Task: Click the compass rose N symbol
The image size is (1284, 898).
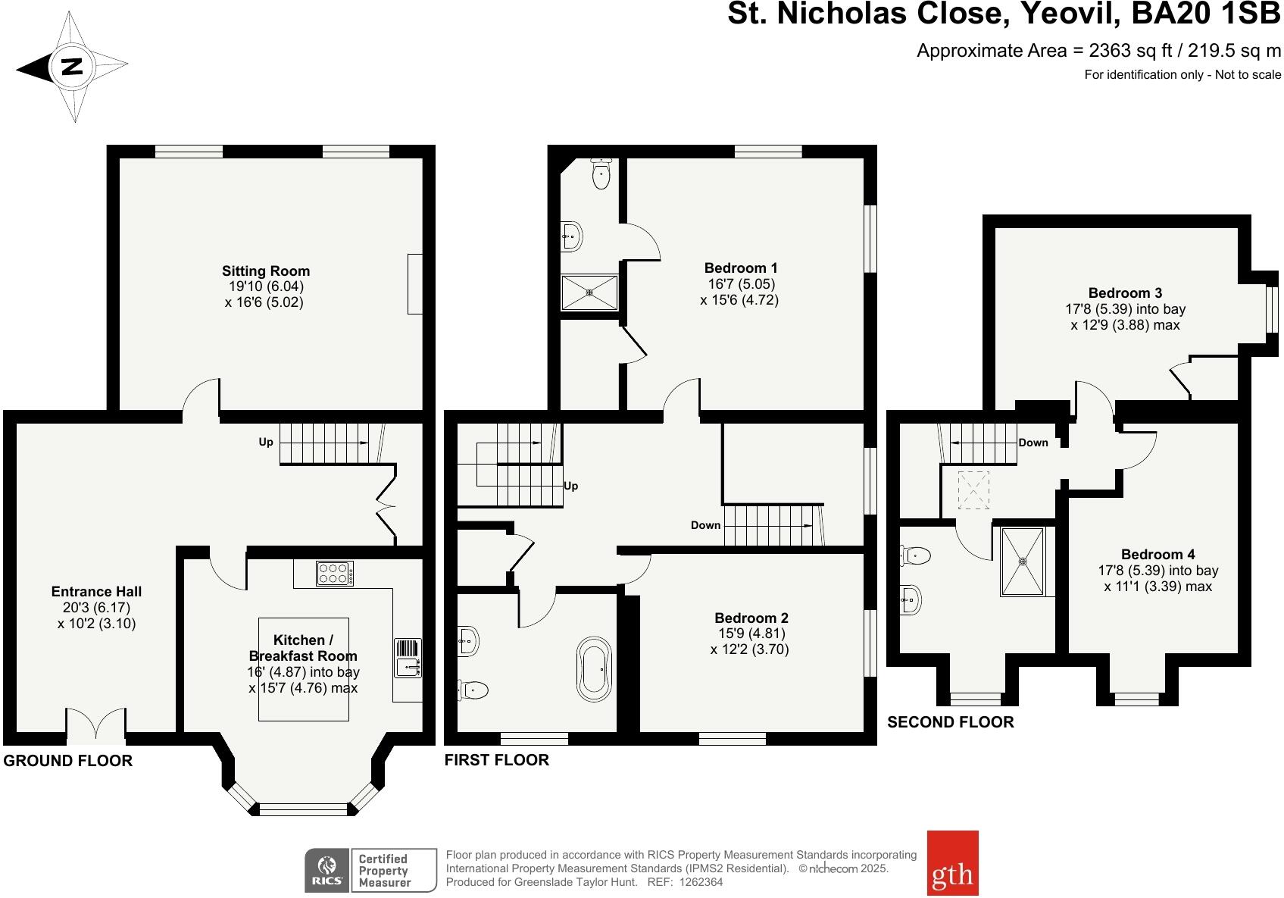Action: pyautogui.click(x=72, y=67)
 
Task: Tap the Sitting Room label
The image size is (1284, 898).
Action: pyautogui.click(x=265, y=271)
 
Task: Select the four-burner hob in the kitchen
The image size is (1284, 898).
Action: pyautogui.click(x=334, y=573)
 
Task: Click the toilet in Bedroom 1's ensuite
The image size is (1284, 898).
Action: pyautogui.click(x=601, y=174)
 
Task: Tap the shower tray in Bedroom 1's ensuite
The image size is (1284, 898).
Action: pyautogui.click(x=589, y=293)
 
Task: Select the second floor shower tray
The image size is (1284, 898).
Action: pyautogui.click(x=1023, y=562)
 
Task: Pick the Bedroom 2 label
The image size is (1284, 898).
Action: pyautogui.click(x=750, y=618)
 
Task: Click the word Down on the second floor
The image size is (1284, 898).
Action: pyautogui.click(x=1033, y=443)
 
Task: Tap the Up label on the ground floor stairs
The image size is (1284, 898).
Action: pyautogui.click(x=266, y=442)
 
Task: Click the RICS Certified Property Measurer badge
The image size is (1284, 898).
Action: pyautogui.click(x=370, y=870)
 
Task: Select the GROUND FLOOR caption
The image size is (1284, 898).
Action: pyautogui.click(x=68, y=761)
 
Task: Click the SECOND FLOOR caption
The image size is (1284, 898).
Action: pyautogui.click(x=950, y=722)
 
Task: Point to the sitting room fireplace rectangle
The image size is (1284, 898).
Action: pyautogui.click(x=415, y=284)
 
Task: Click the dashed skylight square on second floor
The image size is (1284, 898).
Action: pyautogui.click(x=973, y=490)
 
